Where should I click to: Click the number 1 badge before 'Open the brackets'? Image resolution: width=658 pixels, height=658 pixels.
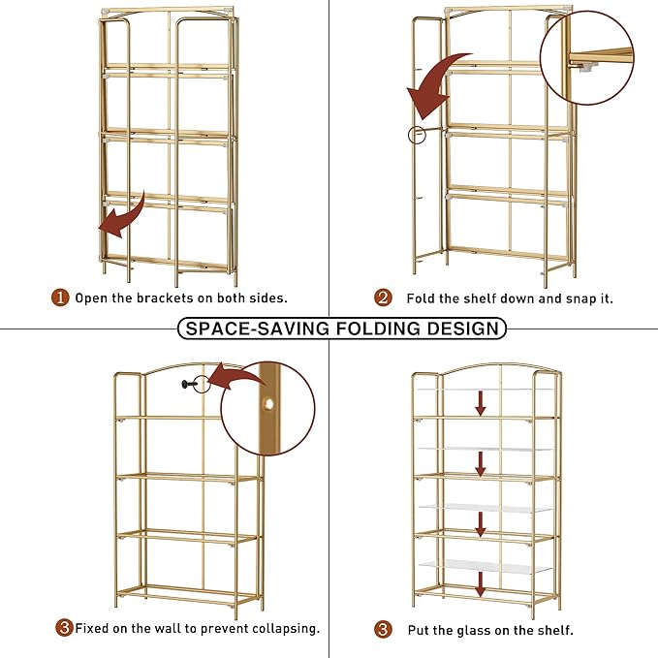[60, 298]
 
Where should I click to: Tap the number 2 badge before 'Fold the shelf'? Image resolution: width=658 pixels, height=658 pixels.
[384, 298]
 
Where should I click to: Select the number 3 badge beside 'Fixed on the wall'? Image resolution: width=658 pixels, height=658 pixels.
[64, 628]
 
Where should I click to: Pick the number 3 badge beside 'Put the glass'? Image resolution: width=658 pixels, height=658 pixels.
[384, 629]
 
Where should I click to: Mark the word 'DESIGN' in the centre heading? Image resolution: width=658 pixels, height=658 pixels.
[466, 328]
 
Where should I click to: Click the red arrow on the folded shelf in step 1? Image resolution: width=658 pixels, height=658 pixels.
[122, 216]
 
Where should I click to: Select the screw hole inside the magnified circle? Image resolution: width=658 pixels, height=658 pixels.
[267, 403]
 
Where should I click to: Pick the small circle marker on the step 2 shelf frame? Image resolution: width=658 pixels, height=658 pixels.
[417, 135]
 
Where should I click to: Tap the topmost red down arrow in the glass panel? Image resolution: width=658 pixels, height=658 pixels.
[481, 404]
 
